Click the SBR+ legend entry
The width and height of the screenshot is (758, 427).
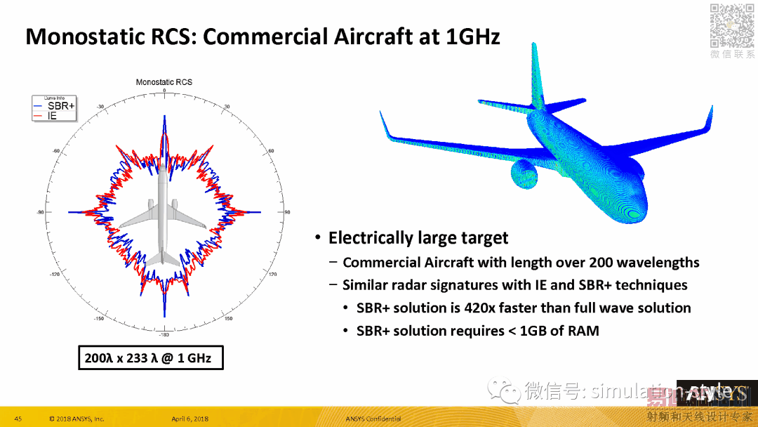click(x=60, y=106)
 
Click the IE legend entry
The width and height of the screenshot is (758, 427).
click(x=52, y=115)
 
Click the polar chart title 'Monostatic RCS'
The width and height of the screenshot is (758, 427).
click(x=164, y=82)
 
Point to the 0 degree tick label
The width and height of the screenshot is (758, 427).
click(x=164, y=91)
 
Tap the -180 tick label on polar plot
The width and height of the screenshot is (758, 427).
click(x=164, y=335)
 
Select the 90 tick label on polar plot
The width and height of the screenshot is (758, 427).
click(x=287, y=212)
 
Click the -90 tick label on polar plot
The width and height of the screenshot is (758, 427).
click(x=40, y=212)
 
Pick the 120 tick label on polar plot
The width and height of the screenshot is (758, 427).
click(x=272, y=274)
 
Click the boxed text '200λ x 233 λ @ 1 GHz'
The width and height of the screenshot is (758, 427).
click(x=149, y=358)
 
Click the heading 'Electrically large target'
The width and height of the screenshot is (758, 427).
click(x=418, y=238)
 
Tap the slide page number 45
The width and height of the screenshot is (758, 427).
click(x=18, y=419)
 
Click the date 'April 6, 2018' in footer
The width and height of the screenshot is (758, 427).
click(x=189, y=419)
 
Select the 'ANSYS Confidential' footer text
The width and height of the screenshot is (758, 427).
click(x=373, y=419)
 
